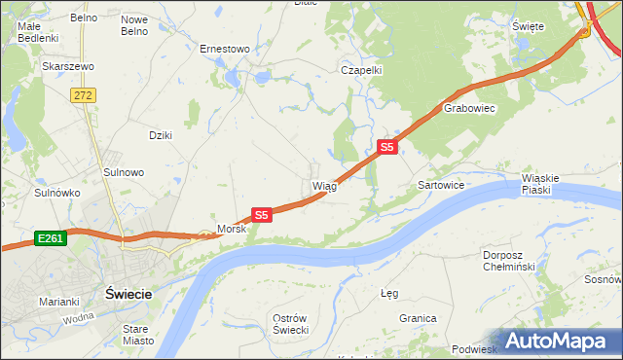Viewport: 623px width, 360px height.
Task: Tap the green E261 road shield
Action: [x=51, y=237]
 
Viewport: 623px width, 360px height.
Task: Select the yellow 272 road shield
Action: [x=82, y=94]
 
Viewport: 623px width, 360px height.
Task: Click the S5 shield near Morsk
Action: [x=261, y=214]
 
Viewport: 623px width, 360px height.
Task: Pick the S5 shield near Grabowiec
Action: [x=386, y=147]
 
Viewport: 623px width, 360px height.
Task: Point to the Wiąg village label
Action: [x=324, y=185]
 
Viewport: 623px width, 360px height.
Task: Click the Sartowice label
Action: [x=440, y=184]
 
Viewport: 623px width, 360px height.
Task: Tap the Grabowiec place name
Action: [x=470, y=109]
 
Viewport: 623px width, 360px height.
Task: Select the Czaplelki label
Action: [x=360, y=70]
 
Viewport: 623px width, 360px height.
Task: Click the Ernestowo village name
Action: [x=225, y=48]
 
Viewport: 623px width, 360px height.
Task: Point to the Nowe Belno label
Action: [x=134, y=25]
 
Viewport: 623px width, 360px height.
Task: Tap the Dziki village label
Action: [x=160, y=135]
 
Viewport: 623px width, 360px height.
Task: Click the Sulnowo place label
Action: [x=124, y=172]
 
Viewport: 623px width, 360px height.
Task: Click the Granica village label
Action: [x=417, y=318]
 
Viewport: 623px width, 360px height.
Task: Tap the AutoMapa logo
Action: [x=557, y=341]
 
